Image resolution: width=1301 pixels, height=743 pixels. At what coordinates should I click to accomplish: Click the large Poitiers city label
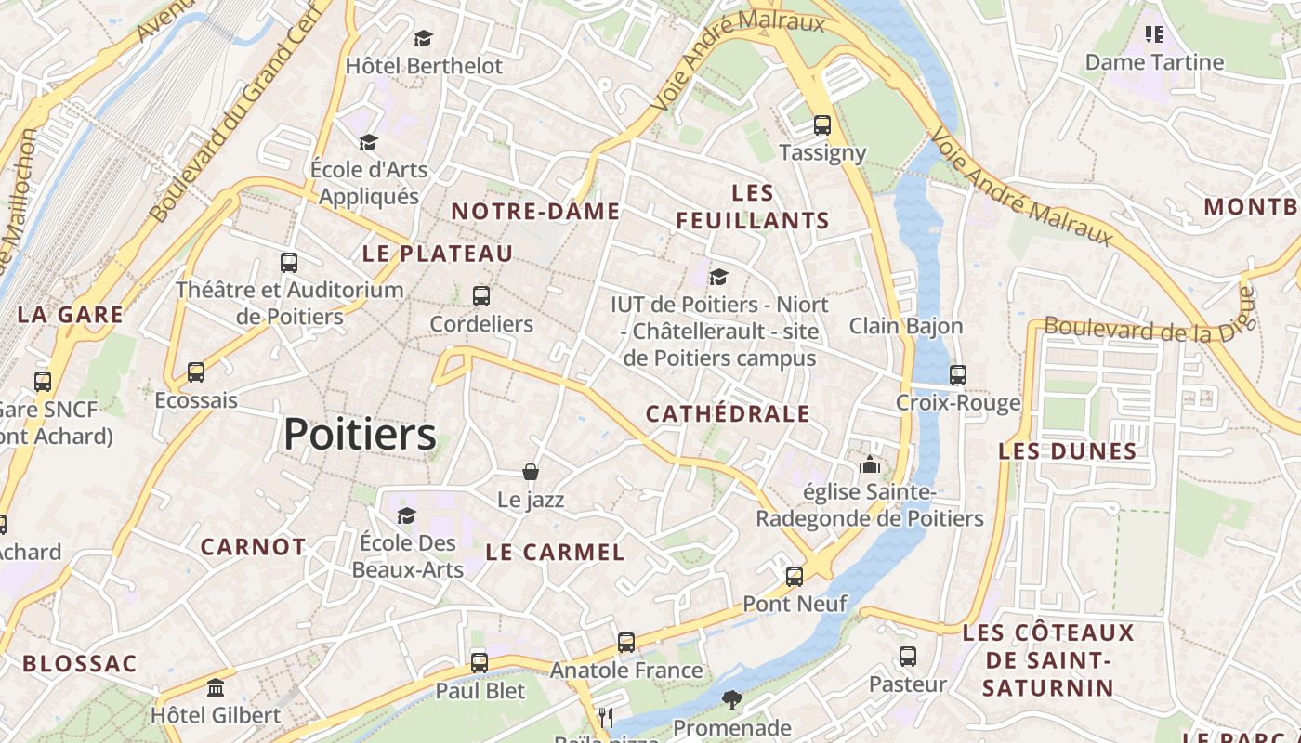point(360,434)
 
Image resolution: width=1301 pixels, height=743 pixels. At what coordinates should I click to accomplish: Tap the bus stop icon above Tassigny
point(821,124)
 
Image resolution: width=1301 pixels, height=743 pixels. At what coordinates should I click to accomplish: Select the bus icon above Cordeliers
point(480,296)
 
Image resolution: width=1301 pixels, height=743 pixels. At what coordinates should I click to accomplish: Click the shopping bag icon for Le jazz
point(531,472)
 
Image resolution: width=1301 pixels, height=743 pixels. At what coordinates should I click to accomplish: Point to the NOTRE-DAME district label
point(535,212)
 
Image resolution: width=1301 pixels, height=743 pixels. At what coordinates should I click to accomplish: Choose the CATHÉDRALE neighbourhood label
point(728,414)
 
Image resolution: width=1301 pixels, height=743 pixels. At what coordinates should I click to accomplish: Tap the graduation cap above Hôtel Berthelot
point(424,38)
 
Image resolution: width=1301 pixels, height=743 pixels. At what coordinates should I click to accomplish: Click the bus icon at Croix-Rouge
point(958,375)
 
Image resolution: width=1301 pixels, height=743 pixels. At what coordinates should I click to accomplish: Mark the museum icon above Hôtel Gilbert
point(216,688)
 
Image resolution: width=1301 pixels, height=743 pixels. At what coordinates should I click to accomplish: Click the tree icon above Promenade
point(732,700)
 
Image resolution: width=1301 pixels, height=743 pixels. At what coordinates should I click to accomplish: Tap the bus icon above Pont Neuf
point(795,576)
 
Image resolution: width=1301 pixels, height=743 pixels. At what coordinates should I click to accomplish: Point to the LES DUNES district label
point(1068,451)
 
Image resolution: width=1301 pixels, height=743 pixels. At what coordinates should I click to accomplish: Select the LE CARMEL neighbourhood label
point(556,552)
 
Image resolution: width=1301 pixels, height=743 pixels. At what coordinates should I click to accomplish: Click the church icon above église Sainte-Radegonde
point(870,464)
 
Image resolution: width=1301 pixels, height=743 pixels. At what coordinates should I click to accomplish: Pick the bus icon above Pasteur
point(908,657)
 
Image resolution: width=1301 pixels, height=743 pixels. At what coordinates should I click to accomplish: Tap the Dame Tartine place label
point(1154,62)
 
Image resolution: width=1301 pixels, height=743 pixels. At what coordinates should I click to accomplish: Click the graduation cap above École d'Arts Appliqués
point(369,142)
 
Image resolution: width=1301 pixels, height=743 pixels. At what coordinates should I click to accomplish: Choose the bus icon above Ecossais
point(196,372)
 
